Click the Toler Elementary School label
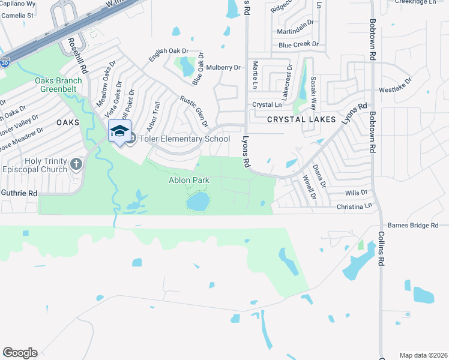(184, 139)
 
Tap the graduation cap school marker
(119, 131)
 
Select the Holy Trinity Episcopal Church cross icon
(76, 164)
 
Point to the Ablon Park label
(188, 180)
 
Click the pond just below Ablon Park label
(197, 202)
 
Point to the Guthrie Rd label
(19, 193)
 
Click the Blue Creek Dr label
(298, 45)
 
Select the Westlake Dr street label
(396, 88)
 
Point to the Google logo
(20, 353)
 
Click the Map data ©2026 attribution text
(423, 355)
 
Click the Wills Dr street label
(356, 193)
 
